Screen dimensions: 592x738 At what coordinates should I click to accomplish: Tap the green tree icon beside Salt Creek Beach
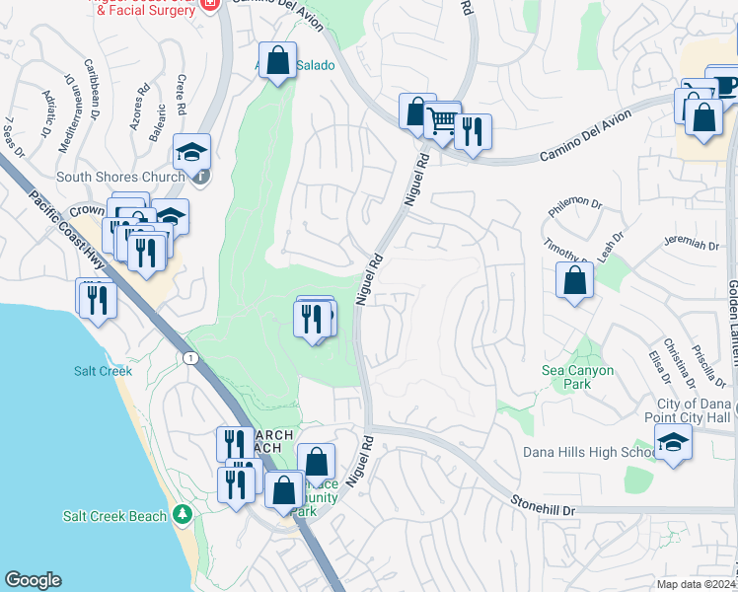[182, 515]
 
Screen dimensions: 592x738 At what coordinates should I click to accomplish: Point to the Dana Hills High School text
[589, 453]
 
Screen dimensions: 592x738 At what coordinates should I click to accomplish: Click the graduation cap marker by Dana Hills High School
[673, 442]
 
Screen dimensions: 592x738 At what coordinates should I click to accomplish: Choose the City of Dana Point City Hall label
[695, 411]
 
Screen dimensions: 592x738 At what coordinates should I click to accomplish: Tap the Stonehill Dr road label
[542, 503]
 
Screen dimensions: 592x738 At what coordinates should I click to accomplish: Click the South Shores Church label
[120, 178]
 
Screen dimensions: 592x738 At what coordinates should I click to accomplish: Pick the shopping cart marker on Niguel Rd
[443, 120]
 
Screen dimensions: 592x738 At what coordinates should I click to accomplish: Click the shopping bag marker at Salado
[278, 59]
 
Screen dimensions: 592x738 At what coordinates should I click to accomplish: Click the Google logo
[33, 580]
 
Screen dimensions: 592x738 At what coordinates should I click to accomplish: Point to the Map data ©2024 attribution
[695, 584]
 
